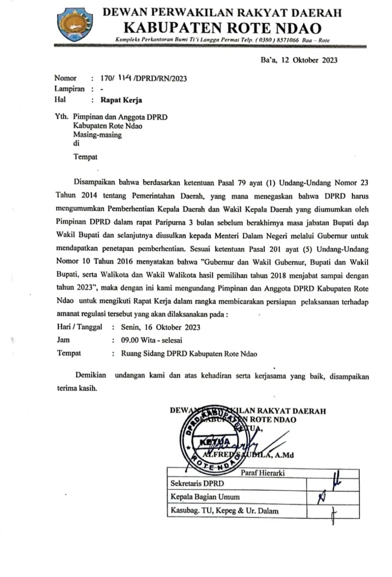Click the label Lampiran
pos(69,89)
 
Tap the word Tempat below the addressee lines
pos(85,158)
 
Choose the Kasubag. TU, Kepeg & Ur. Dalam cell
pos(218,510)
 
